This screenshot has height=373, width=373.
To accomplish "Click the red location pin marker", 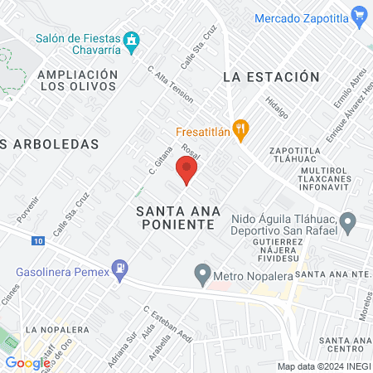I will click(x=186, y=172).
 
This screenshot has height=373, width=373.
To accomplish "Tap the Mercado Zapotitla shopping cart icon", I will click(x=359, y=16).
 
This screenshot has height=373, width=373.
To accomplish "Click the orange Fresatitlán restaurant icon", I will click(x=240, y=128).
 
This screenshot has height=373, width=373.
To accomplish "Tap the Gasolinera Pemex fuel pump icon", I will click(x=121, y=268).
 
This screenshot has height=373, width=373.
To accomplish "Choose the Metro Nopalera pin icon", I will click(x=201, y=272).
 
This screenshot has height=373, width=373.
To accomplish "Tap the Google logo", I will click(x=28, y=362).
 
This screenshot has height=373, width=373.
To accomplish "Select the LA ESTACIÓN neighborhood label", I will click(x=271, y=76).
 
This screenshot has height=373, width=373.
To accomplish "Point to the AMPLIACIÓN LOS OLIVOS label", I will click(x=76, y=80).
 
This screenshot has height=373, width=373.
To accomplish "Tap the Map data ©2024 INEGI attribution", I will click(x=323, y=366).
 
